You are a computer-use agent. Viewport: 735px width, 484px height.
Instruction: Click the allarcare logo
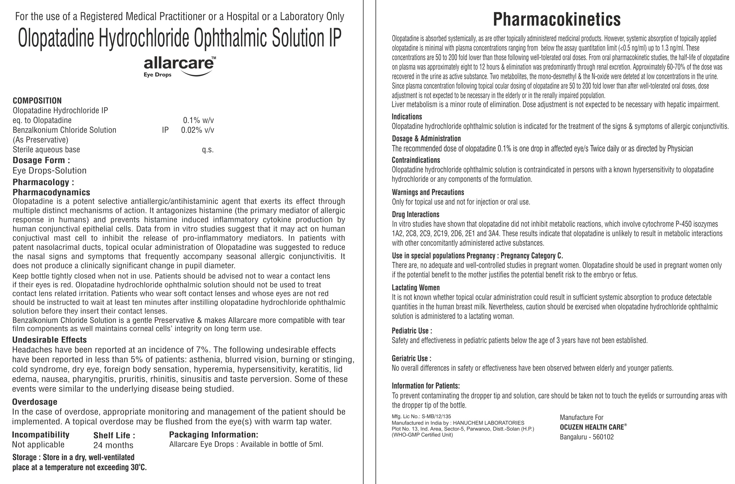(x=179, y=66)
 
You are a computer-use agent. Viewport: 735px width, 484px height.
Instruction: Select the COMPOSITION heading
(x=37, y=101)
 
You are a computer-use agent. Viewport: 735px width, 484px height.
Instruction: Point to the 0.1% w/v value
(x=198, y=120)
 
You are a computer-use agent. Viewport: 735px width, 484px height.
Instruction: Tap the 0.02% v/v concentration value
(x=197, y=130)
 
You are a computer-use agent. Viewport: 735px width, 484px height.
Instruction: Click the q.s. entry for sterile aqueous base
(x=208, y=150)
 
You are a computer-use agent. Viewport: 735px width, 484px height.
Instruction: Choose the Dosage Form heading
(x=41, y=160)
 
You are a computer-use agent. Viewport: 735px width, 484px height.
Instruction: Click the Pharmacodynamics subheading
(x=51, y=192)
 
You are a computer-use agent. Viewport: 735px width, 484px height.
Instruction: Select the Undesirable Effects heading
(x=49, y=340)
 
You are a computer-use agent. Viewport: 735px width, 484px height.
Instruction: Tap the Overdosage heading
(x=35, y=402)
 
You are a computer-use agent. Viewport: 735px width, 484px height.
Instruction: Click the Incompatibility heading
(x=41, y=435)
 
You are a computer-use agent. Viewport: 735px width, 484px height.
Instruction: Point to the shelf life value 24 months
(x=113, y=445)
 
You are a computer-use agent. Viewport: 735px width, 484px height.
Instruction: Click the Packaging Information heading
(x=213, y=435)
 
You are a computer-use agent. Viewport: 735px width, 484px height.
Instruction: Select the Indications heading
(x=407, y=117)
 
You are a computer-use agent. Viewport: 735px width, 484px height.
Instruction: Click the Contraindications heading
(x=416, y=160)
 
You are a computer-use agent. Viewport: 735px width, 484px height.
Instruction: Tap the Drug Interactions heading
(x=415, y=214)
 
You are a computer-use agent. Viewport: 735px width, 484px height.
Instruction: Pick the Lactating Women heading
(x=416, y=288)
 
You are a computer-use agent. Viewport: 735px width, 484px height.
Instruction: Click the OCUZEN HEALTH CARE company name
(x=592, y=427)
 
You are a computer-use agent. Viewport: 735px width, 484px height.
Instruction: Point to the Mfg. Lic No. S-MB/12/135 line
(x=421, y=416)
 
